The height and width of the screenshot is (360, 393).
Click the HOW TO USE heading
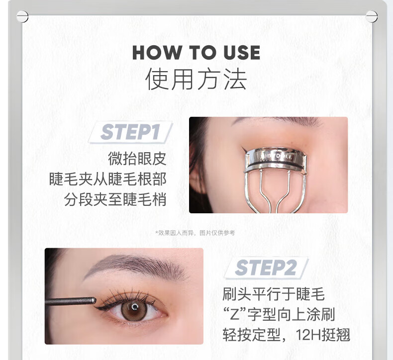[x=196, y=53]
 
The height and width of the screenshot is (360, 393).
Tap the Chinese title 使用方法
[x=196, y=80]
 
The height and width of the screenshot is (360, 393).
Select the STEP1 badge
[x=130, y=132]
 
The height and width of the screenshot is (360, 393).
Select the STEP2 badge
[x=266, y=268]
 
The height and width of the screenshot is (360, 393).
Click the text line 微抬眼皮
[x=137, y=159]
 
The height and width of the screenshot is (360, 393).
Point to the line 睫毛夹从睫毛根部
[x=107, y=179]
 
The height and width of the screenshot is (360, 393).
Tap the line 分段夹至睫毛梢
[x=115, y=199]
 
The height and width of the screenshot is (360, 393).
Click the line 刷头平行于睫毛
[x=274, y=294]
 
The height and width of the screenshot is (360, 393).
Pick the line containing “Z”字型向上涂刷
[x=279, y=314]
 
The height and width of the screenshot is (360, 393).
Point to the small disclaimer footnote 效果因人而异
[x=195, y=232]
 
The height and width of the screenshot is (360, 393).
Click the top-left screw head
[x=22, y=16]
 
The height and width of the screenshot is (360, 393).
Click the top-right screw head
[x=371, y=16]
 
